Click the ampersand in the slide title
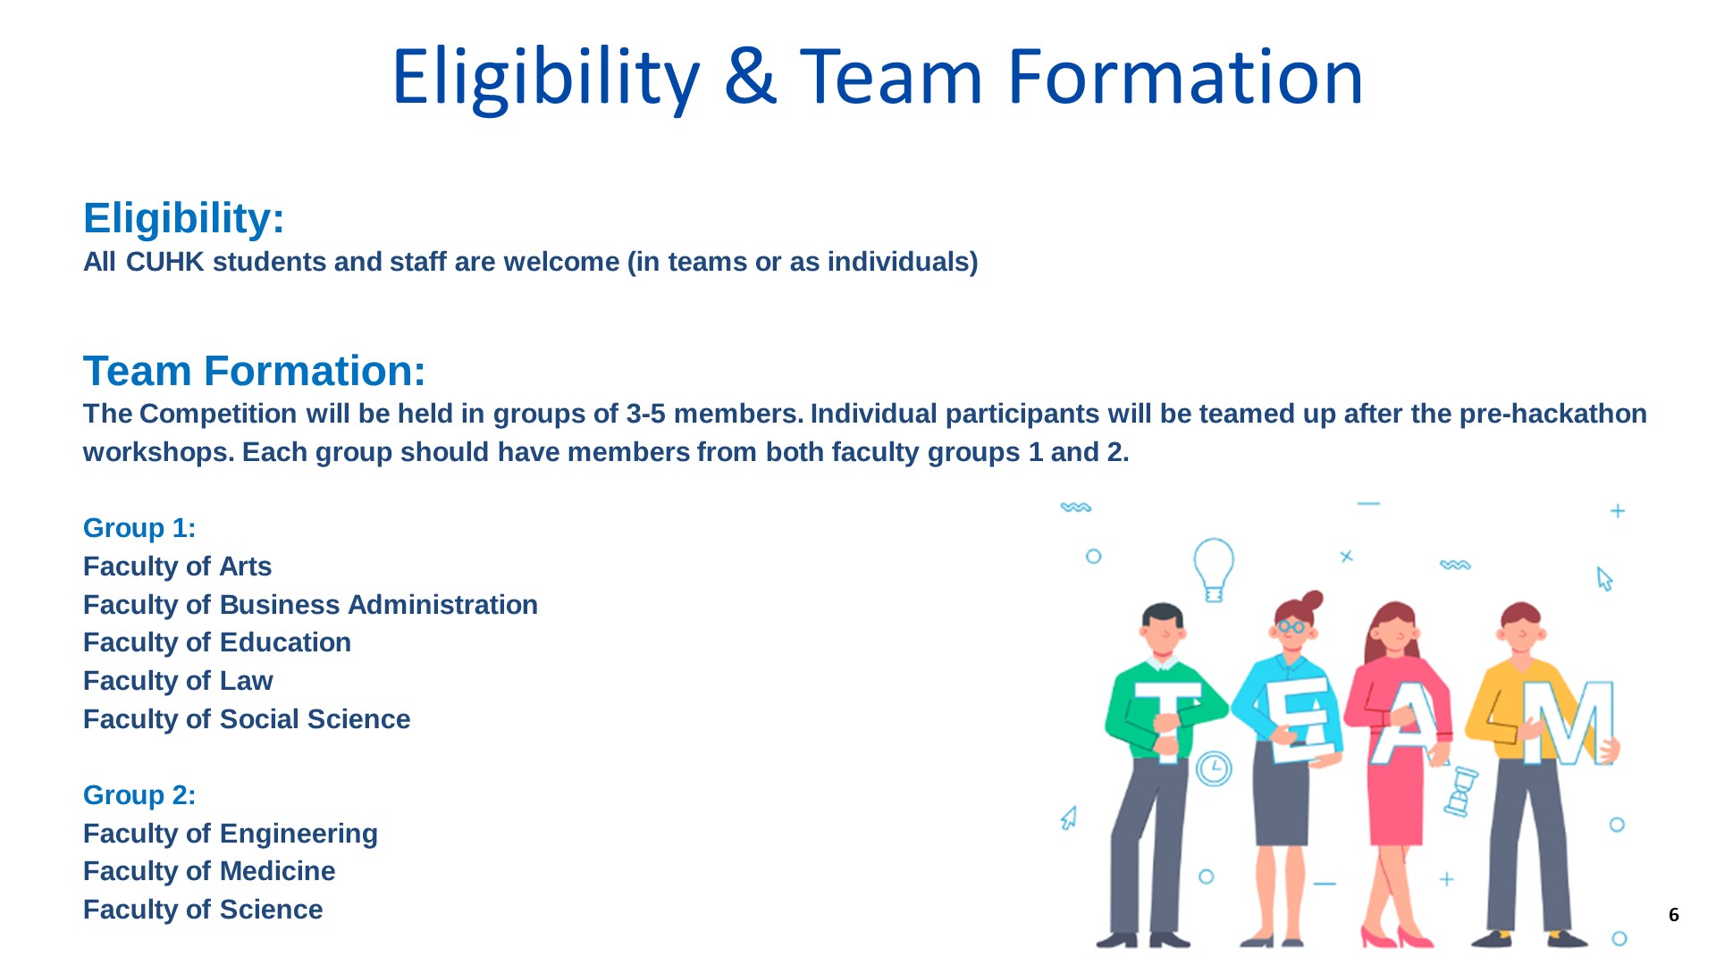[x=751, y=77]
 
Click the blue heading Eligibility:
[x=184, y=218]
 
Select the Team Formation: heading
[x=255, y=371]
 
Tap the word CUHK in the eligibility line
[x=165, y=262]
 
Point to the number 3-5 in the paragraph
[x=646, y=414]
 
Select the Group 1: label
[x=139, y=528]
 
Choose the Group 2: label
[x=139, y=795]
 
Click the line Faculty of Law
[x=178, y=681]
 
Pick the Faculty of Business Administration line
[x=310, y=605]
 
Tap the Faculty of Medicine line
[x=209, y=871]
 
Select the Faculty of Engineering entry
[x=231, y=834]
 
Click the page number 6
[x=1674, y=915]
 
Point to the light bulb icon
[x=1214, y=569]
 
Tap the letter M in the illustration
[x=1570, y=723]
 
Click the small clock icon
[x=1214, y=768]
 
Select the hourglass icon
[x=1461, y=792]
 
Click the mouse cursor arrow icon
[x=1605, y=579]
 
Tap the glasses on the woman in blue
[x=1291, y=627]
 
